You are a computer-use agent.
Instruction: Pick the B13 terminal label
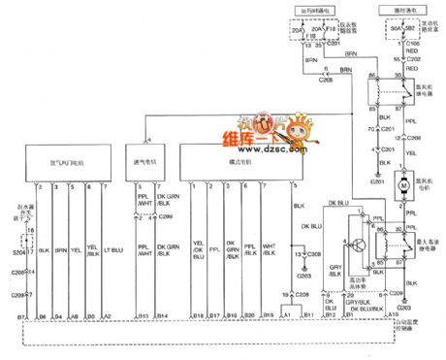coord(143,316)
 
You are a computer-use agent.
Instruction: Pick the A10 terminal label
coord(392,316)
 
